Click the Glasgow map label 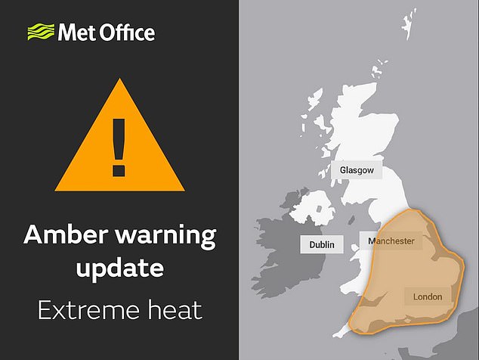[x=357, y=170]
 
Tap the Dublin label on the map [x=322, y=245]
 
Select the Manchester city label [x=391, y=241]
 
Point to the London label [x=428, y=296]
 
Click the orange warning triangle [x=119, y=140]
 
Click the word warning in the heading [x=162, y=236]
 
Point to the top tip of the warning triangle [x=119, y=80]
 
